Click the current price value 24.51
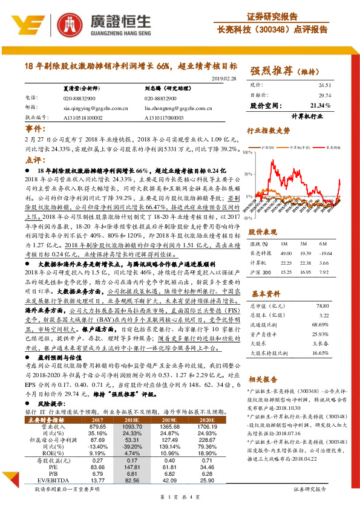pyautogui.click(x=325, y=86)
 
